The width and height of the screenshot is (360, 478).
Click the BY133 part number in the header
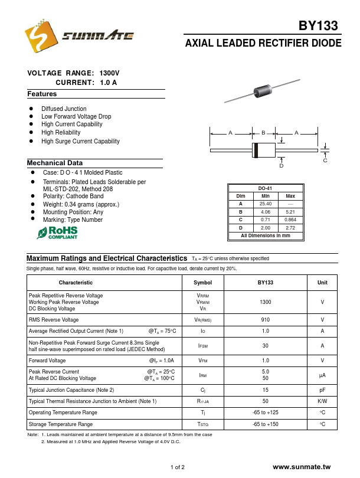pos(318,26)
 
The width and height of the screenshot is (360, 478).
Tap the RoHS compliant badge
pos(57,232)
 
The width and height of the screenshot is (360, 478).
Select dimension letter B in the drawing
pos(264,133)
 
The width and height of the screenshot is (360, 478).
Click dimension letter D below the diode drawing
pos(282,166)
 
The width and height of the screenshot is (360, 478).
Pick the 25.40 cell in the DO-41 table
pos(266,204)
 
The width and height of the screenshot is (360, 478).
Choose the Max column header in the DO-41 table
pos(290,196)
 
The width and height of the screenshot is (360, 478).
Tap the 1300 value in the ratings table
pos(266,302)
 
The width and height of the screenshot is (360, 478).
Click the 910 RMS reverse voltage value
pos(266,320)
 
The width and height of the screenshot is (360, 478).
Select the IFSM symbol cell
pos(202,346)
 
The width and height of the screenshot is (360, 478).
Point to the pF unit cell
pos(322,390)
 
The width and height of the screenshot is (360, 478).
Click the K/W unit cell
pos(322,401)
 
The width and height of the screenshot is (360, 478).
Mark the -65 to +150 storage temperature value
pos(266,424)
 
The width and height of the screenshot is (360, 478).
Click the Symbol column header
pos(202,283)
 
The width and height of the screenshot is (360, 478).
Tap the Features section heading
pos(42,94)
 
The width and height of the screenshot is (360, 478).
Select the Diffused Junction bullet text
pos(64,109)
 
